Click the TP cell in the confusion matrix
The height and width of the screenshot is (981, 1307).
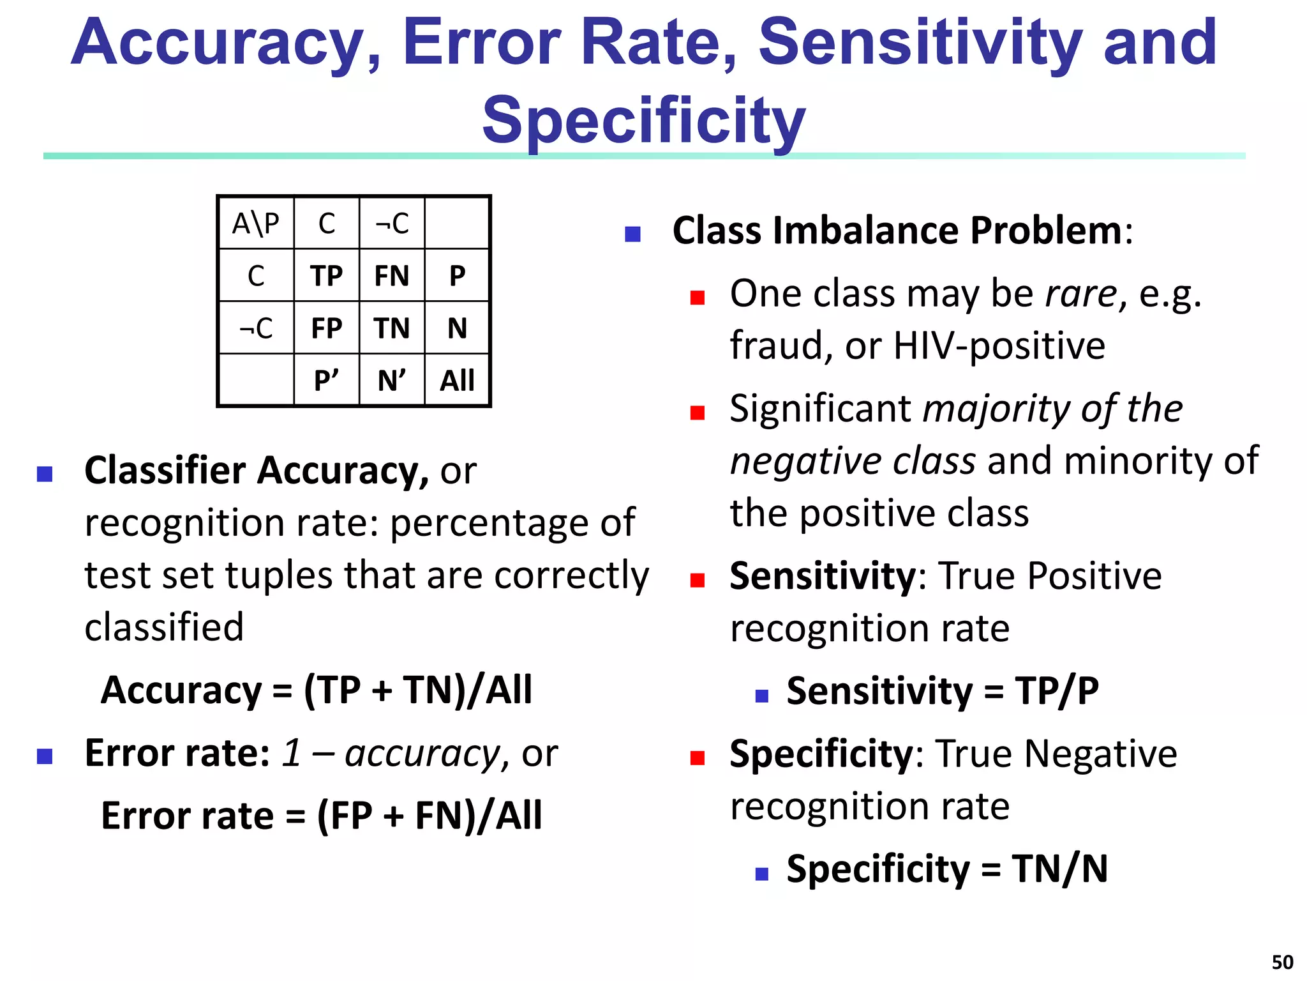tap(326, 276)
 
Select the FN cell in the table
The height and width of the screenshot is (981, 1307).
tap(391, 276)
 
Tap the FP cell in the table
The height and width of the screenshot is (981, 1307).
tap(326, 328)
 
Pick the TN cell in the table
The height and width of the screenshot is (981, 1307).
tap(391, 328)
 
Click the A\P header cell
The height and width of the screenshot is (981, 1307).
tap(256, 224)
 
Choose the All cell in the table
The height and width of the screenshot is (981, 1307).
tap(457, 381)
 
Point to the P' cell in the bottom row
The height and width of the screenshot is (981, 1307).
tap(326, 381)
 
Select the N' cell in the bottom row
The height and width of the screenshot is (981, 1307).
tap(391, 381)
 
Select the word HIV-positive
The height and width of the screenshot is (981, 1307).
tap(999, 346)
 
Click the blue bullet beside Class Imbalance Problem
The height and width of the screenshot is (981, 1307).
tap(632, 234)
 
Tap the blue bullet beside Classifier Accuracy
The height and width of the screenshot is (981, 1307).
tap(45, 474)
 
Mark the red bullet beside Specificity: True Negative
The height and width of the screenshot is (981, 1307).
tap(698, 758)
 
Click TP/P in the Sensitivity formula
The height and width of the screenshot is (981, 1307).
tap(1057, 691)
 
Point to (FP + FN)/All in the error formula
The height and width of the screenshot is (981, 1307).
tap(429, 816)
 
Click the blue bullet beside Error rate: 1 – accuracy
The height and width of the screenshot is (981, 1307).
tap(45, 757)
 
